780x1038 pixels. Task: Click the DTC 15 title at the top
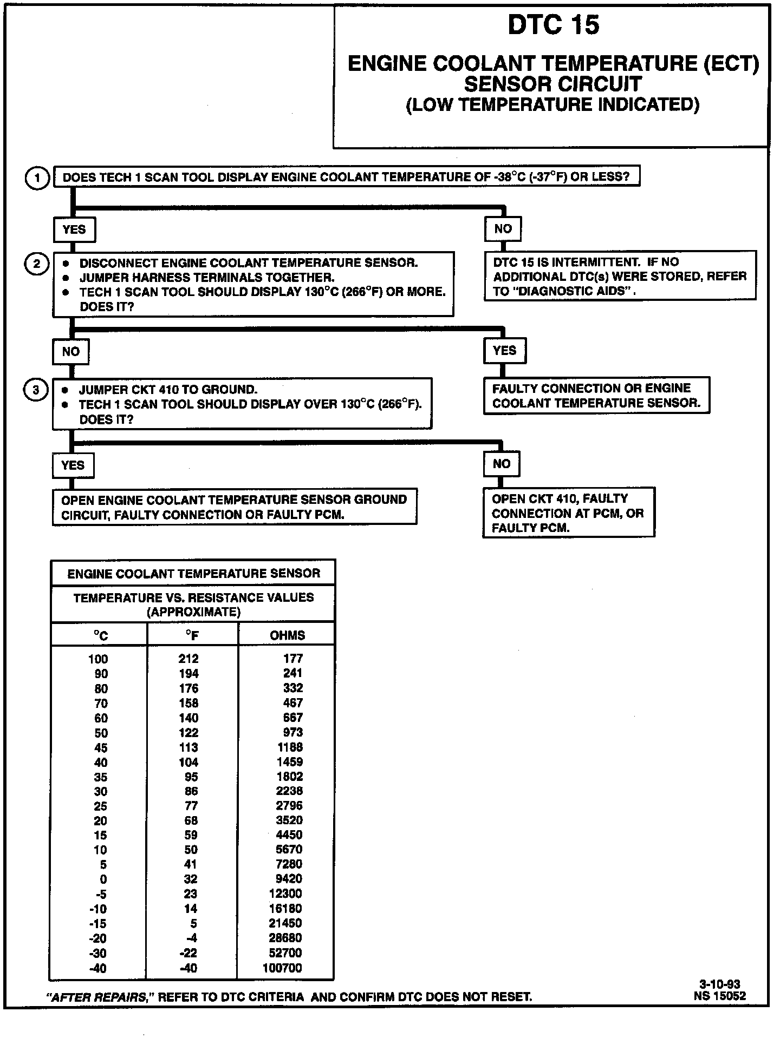553,25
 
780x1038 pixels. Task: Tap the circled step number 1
37,178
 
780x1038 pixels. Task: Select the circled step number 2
37,264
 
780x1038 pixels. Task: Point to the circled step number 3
36,390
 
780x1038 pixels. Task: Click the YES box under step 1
74,229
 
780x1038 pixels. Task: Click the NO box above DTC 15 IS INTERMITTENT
503,229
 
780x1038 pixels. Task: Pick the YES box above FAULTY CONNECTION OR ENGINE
504,351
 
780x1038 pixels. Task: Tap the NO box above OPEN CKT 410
502,464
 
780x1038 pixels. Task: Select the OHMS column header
287,635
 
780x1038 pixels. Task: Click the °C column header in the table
101,635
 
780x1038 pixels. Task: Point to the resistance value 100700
282,968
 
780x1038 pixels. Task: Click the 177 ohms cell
293,659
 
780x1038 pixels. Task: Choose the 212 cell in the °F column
188,659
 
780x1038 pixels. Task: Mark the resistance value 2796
289,806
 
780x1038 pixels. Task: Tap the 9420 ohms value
289,879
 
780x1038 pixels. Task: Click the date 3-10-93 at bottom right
719,984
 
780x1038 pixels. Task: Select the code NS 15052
719,995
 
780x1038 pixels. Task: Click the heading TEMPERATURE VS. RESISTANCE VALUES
193,597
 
